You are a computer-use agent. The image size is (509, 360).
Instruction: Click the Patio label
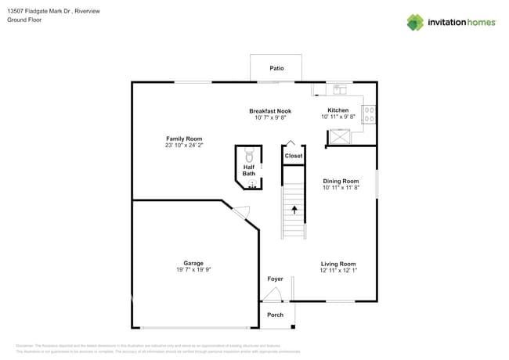(276, 69)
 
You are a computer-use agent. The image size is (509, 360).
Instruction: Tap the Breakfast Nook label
(270, 111)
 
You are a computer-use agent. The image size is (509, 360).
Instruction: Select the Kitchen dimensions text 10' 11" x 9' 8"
(338, 117)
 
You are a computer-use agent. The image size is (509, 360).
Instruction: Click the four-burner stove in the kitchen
(369, 115)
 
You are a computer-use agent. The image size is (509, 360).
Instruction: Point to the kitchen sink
(340, 88)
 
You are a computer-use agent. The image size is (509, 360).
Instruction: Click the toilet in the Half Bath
(250, 154)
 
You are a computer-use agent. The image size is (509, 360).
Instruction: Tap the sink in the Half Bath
(252, 183)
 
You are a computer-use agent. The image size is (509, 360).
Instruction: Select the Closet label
(294, 156)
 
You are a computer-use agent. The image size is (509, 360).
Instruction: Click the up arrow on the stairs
(294, 210)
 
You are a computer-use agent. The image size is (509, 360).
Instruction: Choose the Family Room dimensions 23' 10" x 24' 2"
(184, 146)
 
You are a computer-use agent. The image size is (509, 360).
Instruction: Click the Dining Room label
(341, 181)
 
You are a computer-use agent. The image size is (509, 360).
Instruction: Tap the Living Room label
(338, 264)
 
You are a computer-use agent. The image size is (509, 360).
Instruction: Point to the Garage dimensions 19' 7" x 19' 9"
(193, 270)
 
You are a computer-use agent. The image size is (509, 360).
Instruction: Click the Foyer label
(275, 279)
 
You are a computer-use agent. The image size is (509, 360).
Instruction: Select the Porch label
(276, 315)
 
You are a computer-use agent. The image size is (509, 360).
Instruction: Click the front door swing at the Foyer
(272, 294)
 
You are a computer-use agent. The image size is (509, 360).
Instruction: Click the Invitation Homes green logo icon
(415, 22)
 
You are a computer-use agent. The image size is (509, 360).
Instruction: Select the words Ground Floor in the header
(23, 20)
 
